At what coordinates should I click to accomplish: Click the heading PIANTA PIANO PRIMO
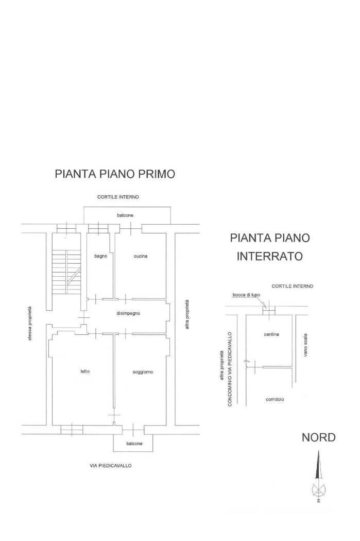point(115,174)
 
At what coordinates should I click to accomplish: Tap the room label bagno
point(100,256)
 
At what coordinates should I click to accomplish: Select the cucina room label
point(141,256)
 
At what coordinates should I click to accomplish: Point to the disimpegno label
point(128,313)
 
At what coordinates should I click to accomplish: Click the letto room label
point(85,371)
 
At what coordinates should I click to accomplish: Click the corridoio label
point(276,399)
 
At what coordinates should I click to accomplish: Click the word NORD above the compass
point(318,438)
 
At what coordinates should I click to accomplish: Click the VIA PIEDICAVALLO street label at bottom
point(111,465)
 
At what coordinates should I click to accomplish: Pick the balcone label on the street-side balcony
point(134,444)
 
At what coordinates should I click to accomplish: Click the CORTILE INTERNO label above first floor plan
point(119,197)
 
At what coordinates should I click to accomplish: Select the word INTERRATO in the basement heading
point(269,256)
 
